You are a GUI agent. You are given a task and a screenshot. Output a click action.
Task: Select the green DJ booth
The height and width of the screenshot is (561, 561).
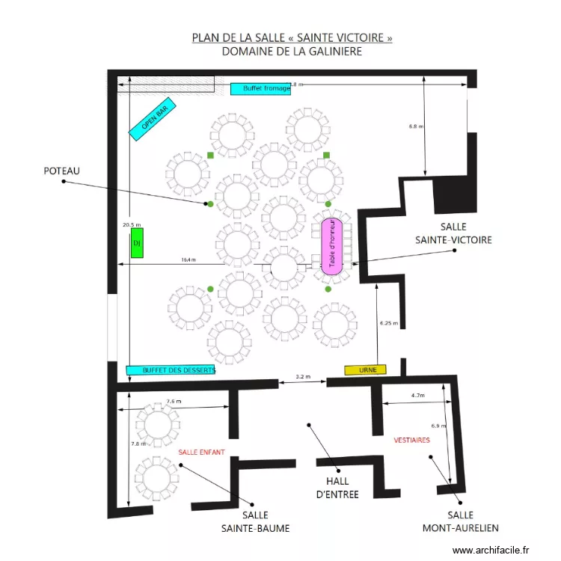[x=137, y=245]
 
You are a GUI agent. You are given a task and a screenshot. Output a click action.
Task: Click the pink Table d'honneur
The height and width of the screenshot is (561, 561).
[x=332, y=244]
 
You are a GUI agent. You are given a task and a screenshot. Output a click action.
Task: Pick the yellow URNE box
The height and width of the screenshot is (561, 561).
[x=366, y=370]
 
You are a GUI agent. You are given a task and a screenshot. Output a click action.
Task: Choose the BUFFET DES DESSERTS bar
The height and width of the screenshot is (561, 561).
[x=171, y=370]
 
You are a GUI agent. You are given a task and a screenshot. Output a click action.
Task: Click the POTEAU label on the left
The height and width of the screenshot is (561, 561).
[x=61, y=171]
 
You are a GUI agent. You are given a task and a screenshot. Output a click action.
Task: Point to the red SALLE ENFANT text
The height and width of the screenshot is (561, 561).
[x=201, y=452]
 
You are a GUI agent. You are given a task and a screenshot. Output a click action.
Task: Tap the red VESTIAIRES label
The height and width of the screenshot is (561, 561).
[x=411, y=440]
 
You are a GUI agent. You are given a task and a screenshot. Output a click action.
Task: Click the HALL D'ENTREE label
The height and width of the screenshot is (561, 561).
[x=337, y=488]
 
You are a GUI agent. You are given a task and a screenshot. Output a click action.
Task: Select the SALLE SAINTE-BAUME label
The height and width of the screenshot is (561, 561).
[x=255, y=522]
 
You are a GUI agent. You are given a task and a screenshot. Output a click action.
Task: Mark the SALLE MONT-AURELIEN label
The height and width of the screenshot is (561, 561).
[x=460, y=521]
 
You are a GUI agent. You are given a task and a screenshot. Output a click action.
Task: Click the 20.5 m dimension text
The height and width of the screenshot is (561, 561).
[x=132, y=224]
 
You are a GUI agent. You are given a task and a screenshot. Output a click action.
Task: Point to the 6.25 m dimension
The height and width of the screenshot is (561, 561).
[x=389, y=323]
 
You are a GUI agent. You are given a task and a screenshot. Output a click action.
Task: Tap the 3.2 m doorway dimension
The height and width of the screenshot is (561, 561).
[x=303, y=376]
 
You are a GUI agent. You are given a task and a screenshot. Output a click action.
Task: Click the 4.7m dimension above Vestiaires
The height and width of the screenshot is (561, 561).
[x=417, y=395]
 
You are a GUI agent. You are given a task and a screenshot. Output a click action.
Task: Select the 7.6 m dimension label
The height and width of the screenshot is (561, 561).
[x=174, y=402]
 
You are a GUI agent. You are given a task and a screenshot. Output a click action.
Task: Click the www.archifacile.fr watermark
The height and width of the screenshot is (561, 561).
[x=495, y=550]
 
